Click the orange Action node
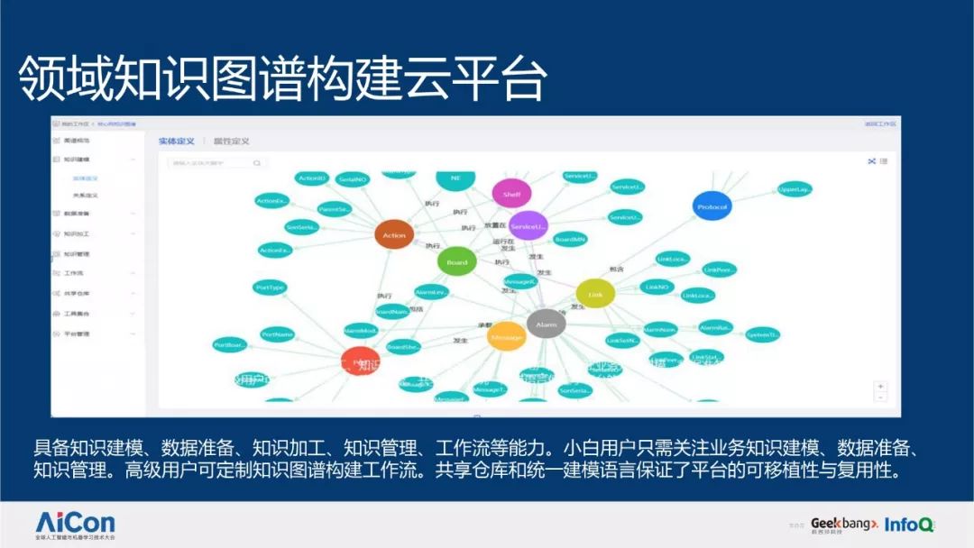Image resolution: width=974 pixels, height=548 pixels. (393, 235)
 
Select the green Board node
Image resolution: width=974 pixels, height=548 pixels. (456, 262)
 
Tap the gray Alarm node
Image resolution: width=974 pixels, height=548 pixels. (546, 324)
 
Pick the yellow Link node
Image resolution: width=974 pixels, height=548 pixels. (595, 294)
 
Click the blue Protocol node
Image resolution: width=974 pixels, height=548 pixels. (712, 206)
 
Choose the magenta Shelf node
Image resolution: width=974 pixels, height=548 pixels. (511, 194)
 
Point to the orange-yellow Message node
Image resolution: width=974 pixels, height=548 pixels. (506, 337)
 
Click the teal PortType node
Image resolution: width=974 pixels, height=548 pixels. (271, 288)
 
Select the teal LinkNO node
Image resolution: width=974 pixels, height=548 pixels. (657, 287)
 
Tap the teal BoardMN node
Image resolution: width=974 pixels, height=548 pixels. (570, 240)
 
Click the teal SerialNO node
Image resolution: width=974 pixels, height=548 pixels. (353, 179)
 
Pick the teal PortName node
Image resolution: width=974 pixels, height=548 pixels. (278, 334)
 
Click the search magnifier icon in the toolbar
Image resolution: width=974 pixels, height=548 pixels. (257, 163)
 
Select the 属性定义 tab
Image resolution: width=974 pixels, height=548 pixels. (231, 142)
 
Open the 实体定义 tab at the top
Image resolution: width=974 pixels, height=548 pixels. (177, 142)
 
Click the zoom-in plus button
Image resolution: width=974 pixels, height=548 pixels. (880, 386)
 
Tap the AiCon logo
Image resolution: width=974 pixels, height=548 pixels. (75, 522)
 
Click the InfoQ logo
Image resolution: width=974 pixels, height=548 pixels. (908, 524)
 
